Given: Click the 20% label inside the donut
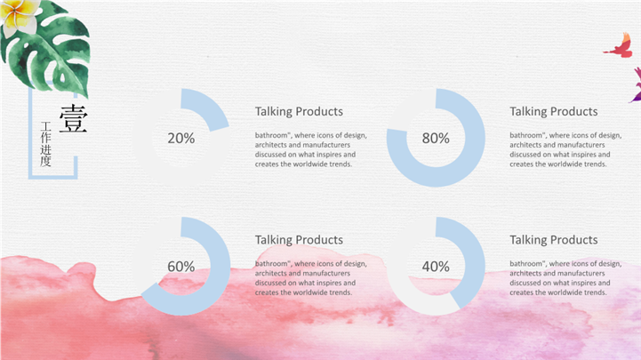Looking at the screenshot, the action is click(181, 138).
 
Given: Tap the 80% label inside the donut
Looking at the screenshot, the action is click(436, 138).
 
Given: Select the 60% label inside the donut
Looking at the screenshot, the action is click(181, 267).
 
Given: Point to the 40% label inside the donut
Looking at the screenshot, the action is click(436, 267).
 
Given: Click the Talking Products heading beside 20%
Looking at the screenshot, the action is click(299, 111).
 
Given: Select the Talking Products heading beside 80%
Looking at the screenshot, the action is click(554, 111).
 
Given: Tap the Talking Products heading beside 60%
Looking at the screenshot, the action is click(299, 239).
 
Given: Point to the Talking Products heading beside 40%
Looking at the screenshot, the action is click(554, 239).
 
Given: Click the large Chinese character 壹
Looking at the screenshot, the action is click(74, 118).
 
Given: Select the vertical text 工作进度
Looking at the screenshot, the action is click(45, 144).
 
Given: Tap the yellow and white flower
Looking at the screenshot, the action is click(19, 15).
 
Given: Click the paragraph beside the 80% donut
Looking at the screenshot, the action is click(565, 149).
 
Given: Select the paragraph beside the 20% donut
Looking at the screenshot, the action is click(310, 149).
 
